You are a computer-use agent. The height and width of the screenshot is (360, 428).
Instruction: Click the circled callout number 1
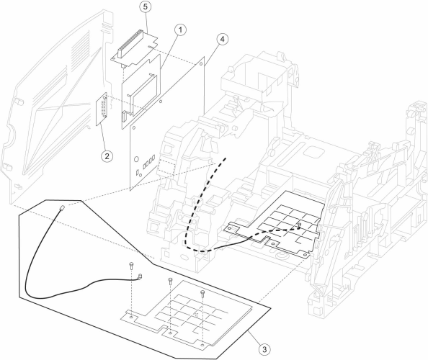[180, 30]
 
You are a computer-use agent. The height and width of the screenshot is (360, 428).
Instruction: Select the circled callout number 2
[107, 156]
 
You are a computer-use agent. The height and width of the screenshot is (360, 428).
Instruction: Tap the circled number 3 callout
[264, 348]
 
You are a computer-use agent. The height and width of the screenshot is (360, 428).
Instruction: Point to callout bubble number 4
[223, 40]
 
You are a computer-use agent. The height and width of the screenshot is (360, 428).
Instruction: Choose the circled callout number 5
[146, 6]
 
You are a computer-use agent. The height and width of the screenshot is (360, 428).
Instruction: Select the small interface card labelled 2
[102, 109]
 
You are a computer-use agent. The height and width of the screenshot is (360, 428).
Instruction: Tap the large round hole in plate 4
[136, 158]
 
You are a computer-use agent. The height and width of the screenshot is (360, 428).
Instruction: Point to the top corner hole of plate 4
[201, 64]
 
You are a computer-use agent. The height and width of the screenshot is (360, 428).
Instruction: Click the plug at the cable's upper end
[62, 208]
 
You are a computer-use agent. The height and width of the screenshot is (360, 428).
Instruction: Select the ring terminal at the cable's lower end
[141, 276]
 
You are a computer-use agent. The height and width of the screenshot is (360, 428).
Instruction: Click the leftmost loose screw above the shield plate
[132, 265]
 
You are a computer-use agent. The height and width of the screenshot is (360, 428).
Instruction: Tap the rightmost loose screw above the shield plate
[202, 293]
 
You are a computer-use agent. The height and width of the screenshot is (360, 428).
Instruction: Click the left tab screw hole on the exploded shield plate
[132, 318]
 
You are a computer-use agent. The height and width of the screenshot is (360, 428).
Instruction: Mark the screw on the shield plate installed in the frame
[300, 225]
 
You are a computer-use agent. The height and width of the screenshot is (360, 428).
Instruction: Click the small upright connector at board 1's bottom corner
[124, 116]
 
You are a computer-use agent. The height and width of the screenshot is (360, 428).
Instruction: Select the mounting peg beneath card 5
[124, 66]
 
